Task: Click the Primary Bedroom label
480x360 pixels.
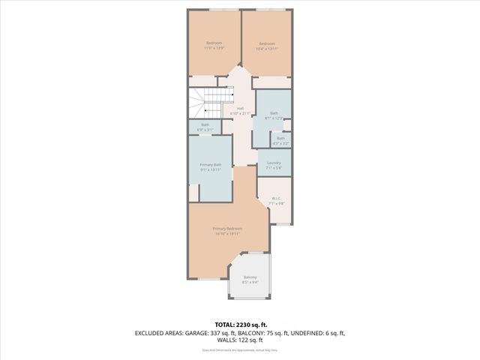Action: point(227,230)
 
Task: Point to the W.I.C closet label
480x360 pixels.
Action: point(277,200)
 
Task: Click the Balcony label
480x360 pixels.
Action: point(250,280)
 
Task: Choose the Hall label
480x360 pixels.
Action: point(241,110)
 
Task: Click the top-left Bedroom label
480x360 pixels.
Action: point(214,45)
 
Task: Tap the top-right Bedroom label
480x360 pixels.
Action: point(267,46)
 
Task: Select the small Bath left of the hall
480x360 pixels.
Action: point(205,127)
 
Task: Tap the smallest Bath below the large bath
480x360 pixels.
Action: point(280,139)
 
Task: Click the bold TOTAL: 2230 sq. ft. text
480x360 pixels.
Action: point(239,324)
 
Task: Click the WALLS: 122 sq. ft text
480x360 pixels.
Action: point(239,340)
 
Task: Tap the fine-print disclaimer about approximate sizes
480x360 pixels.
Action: point(239,349)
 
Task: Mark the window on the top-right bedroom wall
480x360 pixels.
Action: point(268,9)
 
